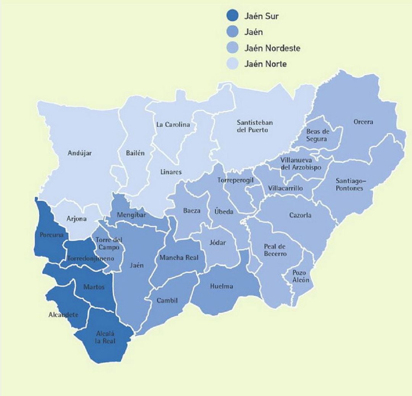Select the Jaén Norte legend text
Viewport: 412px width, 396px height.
[265, 64]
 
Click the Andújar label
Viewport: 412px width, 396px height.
[80, 153]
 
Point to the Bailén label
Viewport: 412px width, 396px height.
[135, 153]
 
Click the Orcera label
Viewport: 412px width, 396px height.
[363, 122]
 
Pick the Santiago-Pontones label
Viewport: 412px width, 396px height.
[349, 185]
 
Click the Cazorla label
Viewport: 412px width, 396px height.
[300, 215]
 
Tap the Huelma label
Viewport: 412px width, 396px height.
[221, 286]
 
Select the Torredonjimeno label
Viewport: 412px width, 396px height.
[90, 259]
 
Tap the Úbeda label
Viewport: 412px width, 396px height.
[223, 212]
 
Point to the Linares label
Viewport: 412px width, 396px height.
[171, 172]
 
